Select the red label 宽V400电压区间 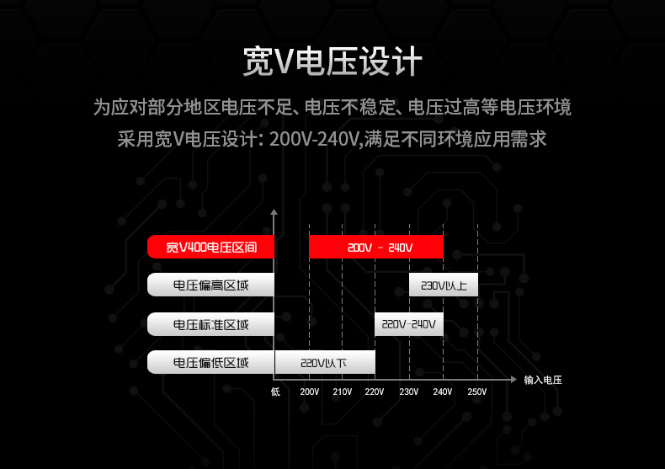click(x=210, y=247)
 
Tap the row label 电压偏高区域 click(x=210, y=285)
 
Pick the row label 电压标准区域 click(x=210, y=324)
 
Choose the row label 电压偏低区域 click(x=210, y=363)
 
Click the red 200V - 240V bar click(x=376, y=247)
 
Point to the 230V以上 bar click(x=444, y=285)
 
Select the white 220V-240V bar click(x=409, y=324)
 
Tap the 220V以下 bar click(x=325, y=363)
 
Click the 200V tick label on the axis click(x=309, y=392)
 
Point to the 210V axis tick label click(x=342, y=392)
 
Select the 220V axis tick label click(x=375, y=392)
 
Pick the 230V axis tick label click(x=409, y=392)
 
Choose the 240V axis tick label click(x=443, y=392)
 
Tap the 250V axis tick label click(x=476, y=392)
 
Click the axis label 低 click(x=275, y=392)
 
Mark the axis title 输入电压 click(x=542, y=380)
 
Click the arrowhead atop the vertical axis click(x=274, y=213)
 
